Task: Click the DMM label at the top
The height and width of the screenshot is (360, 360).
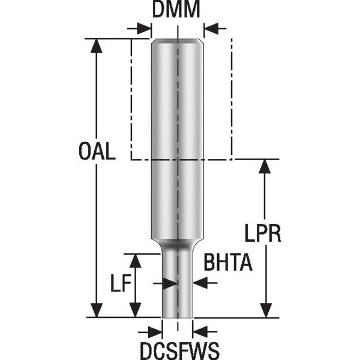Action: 176,10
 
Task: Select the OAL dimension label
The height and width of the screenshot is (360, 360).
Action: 97,151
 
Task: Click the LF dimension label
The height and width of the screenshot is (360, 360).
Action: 122,282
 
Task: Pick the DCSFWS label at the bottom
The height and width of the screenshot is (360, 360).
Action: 179,349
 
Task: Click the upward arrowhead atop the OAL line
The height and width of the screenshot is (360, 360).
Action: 95,46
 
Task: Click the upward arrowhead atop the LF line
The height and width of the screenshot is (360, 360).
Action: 136,260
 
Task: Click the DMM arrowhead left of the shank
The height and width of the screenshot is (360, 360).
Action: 144,28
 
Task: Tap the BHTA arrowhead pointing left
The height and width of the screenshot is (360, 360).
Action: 199,283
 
